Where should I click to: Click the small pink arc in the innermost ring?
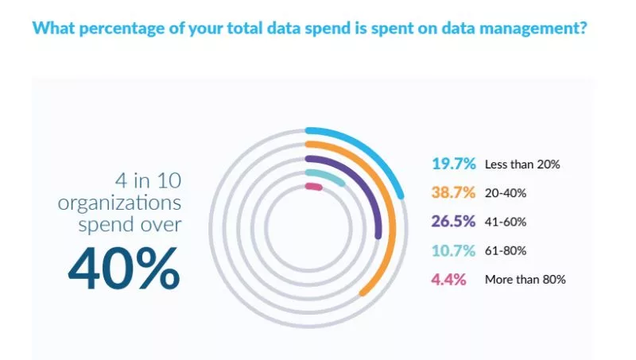coord(313,188)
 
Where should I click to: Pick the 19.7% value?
coord(453,165)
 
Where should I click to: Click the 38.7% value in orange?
coord(453,193)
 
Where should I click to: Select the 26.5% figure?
coord(453,222)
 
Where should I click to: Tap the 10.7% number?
coord(453,251)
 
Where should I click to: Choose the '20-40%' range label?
coord(506,194)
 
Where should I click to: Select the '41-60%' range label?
coord(506,223)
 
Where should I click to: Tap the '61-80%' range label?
coord(506,251)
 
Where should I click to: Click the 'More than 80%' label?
coord(525,280)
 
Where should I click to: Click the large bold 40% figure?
coord(124,271)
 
